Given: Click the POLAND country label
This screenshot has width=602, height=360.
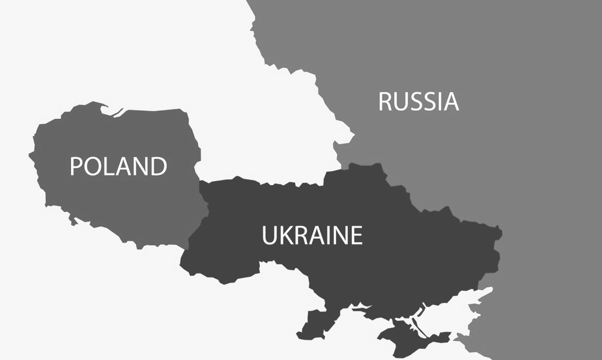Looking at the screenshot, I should [118, 166].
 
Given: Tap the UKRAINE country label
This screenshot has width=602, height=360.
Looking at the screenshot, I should [312, 236].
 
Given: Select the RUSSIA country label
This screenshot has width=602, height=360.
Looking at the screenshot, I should [418, 102].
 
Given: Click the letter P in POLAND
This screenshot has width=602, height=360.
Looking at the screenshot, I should [76, 166].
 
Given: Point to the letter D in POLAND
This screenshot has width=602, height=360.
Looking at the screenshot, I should [158, 166].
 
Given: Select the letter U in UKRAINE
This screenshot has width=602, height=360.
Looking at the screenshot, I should [270, 236].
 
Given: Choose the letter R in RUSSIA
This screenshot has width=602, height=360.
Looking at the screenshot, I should [386, 102].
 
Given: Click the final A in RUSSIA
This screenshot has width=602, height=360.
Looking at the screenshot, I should [451, 102].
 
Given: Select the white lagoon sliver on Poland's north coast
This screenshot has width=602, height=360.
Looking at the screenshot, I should [117, 112].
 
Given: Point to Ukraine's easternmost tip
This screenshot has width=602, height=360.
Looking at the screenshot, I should [501, 231].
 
